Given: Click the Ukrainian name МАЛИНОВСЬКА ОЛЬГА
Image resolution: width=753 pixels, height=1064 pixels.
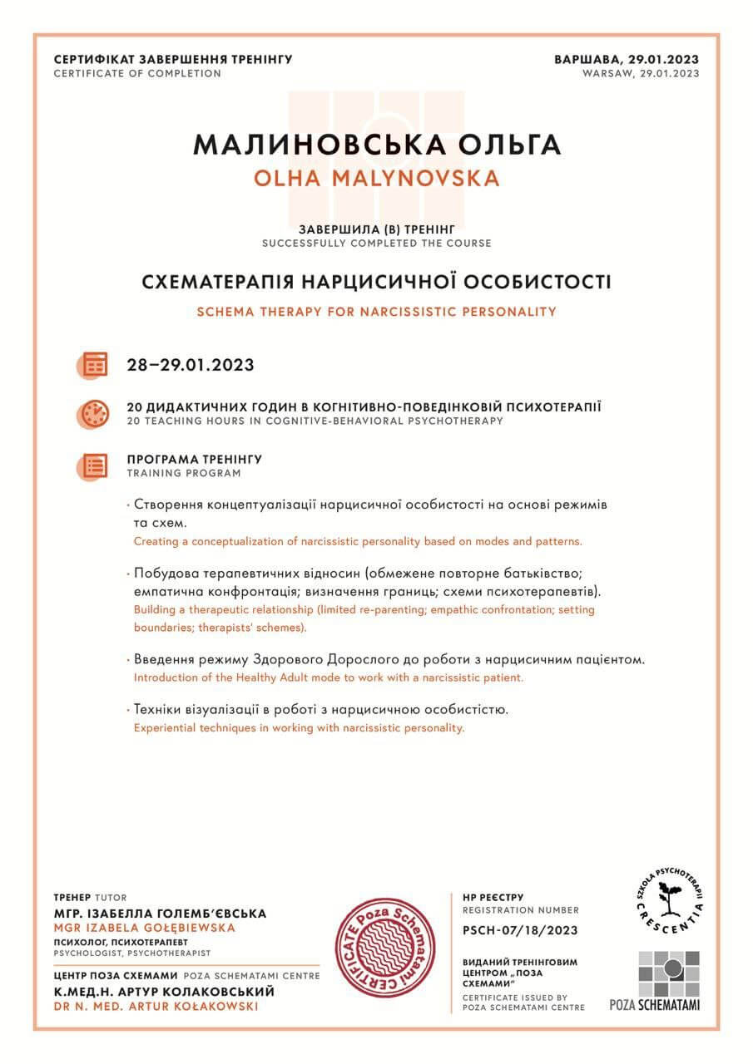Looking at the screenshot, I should pyautogui.click(x=377, y=144).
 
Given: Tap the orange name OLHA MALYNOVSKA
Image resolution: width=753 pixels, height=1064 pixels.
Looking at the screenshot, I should pyautogui.click(x=377, y=179).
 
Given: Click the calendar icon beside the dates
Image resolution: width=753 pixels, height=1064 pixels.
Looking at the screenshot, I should pyautogui.click(x=95, y=364).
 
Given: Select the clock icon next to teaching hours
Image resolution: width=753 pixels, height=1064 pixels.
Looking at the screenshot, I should pyautogui.click(x=95, y=413).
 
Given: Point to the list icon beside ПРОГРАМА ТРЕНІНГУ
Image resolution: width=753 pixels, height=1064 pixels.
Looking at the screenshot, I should pyautogui.click(x=95, y=465).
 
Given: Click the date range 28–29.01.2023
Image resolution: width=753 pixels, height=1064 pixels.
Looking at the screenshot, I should pyautogui.click(x=191, y=364).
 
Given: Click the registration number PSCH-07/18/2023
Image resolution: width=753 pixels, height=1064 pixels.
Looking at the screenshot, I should pyautogui.click(x=520, y=930).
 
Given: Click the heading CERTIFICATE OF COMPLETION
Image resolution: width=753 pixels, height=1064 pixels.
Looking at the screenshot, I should pyautogui.click(x=137, y=73).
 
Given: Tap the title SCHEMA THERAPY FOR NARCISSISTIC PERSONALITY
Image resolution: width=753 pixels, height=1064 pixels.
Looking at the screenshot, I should pyautogui.click(x=376, y=312).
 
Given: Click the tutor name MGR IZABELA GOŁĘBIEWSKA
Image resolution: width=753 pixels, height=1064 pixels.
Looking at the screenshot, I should pyautogui.click(x=145, y=927).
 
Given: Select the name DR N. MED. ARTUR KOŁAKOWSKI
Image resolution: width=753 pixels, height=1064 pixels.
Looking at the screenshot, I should pyautogui.click(x=156, y=1006).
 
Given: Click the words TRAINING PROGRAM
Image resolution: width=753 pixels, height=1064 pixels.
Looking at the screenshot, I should pyautogui.click(x=184, y=473).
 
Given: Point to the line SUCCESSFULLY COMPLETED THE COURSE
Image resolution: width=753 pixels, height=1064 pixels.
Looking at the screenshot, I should pyautogui.click(x=376, y=244).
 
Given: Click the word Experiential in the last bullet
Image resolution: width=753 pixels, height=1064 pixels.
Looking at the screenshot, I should pyautogui.click(x=163, y=727).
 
